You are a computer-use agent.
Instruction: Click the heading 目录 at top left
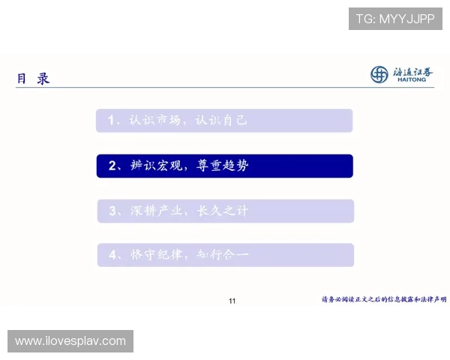(33, 78)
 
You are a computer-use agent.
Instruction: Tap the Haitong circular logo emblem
(380, 73)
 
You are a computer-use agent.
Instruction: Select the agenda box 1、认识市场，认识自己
(224, 121)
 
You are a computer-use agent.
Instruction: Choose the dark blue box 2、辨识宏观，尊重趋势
(224, 166)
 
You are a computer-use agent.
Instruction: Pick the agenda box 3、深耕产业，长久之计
(224, 211)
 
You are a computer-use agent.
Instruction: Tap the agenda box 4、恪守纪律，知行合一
(224, 255)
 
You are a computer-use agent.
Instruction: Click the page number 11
(232, 301)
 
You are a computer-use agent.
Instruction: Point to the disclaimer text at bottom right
(384, 298)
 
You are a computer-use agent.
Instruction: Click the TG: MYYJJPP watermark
(395, 19)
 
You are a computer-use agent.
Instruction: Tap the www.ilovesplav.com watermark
(71, 341)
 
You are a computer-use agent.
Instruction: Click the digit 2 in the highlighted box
(112, 166)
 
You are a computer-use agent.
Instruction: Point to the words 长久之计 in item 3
(222, 211)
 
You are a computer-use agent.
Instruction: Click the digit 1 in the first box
(111, 121)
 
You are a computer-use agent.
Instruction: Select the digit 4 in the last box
(112, 255)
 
